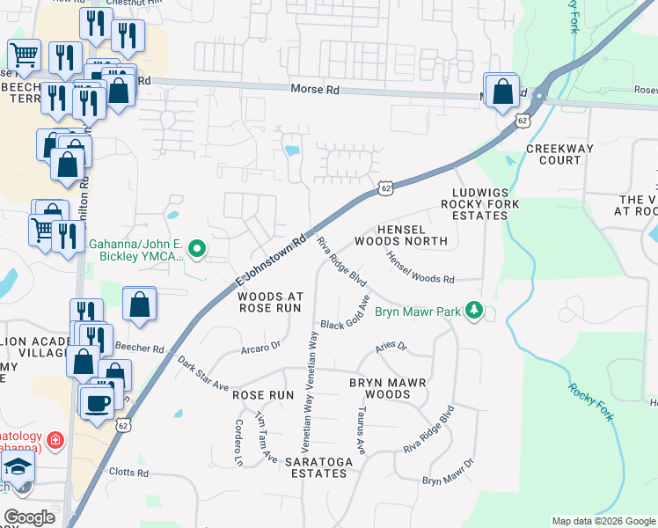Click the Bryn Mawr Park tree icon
coord(474,311)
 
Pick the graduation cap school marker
coord(16,468)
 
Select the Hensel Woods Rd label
coord(420,268)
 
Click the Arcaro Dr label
coord(260,348)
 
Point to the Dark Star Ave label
coord(202,374)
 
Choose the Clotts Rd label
coord(128,473)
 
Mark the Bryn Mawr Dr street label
coord(448,473)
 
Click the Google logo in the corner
coord(29,517)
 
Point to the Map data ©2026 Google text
coord(603,521)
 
